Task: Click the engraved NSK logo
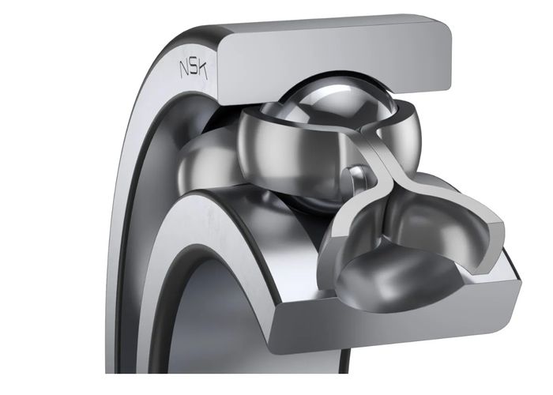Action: coord(194,70)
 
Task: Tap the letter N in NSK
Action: coord(184,69)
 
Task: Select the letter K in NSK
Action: coord(202,70)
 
